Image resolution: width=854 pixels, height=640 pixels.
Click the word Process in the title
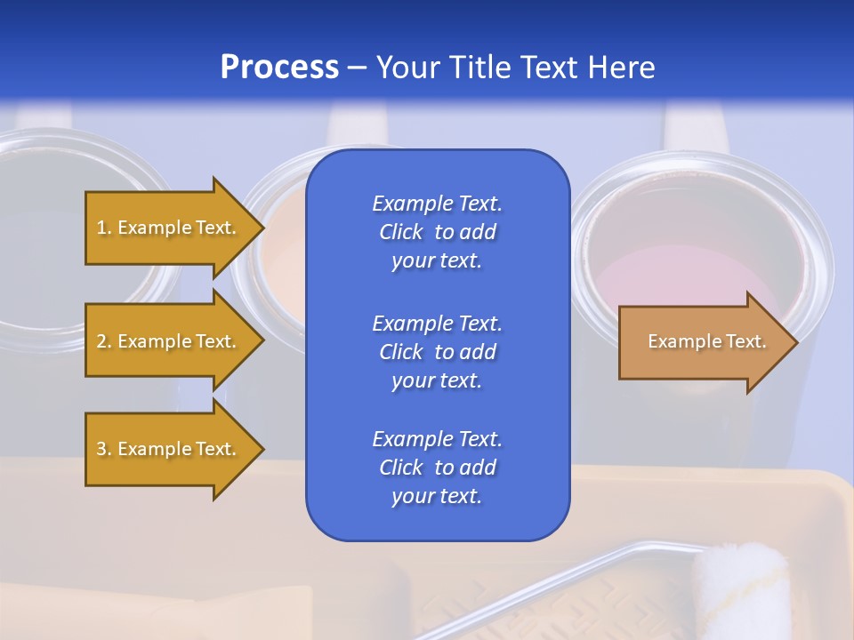[x=279, y=68]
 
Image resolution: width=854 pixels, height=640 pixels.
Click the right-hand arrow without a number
[x=703, y=342]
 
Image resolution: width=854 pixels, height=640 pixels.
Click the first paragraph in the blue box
[x=437, y=232]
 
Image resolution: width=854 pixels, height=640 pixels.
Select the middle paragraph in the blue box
[x=437, y=352]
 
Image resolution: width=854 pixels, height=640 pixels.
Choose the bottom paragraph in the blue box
[x=437, y=468]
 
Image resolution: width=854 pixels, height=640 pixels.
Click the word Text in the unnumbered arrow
[x=745, y=341]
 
